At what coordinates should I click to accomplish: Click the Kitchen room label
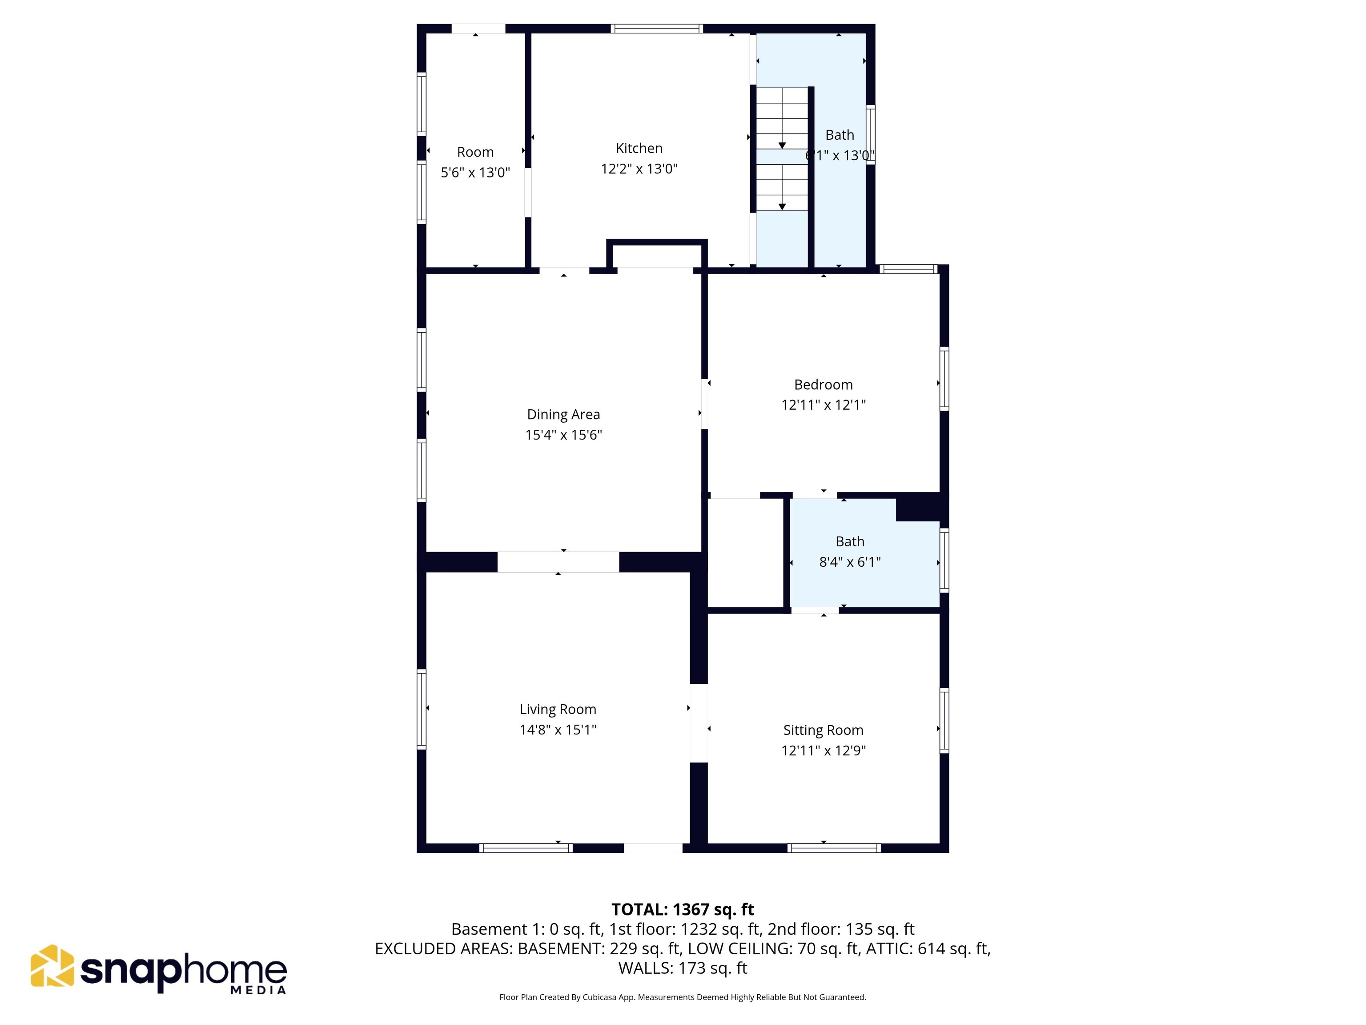point(639,148)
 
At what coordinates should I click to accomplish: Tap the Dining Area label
point(563,415)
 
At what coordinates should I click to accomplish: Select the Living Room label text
point(558,709)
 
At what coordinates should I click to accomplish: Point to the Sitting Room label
point(823,730)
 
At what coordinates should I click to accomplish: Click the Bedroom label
point(823,385)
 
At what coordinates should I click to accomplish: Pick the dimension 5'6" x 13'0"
point(475,172)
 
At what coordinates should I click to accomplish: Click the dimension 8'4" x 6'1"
point(850,561)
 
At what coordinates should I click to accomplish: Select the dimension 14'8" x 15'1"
point(558,730)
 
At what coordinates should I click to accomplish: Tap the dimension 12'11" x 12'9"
point(823,751)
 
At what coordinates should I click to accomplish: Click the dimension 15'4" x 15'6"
point(563,435)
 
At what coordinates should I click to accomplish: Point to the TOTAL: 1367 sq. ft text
point(683,909)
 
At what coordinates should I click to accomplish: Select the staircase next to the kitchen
point(782,148)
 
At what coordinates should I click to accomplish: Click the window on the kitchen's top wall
point(657,28)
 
